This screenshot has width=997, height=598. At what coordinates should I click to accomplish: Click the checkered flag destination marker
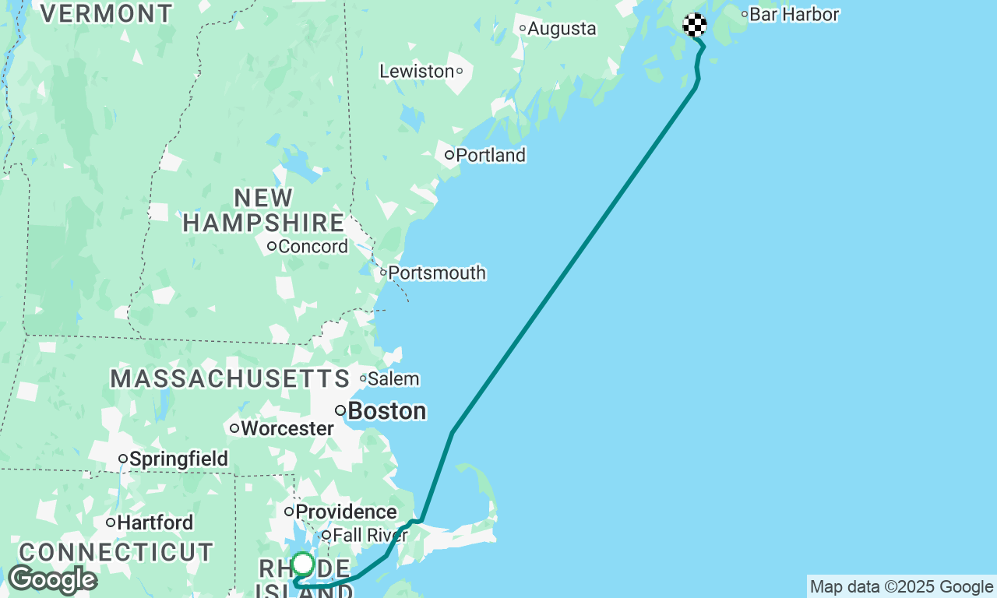click(x=695, y=25)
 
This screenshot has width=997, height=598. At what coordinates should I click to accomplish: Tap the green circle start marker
click(x=303, y=564)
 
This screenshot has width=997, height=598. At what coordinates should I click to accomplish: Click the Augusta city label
click(x=561, y=29)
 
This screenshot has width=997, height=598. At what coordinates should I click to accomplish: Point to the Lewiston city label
click(x=417, y=72)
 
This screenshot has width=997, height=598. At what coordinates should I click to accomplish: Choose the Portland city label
click(x=491, y=156)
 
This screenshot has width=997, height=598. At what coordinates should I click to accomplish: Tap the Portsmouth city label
click(x=436, y=273)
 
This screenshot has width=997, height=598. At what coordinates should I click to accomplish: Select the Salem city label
click(x=393, y=379)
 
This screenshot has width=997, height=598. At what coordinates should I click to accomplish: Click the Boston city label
click(x=386, y=411)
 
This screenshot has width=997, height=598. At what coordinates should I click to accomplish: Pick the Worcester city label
click(x=287, y=428)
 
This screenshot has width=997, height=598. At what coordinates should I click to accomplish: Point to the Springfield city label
click(x=178, y=459)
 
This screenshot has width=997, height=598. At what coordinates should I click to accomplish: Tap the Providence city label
click(x=346, y=512)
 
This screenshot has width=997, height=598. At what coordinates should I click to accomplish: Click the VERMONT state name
click(x=107, y=13)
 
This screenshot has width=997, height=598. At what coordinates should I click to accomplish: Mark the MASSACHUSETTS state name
click(x=230, y=379)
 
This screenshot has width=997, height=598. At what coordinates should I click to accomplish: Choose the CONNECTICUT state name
click(x=116, y=553)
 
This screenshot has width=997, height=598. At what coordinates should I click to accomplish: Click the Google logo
click(x=52, y=580)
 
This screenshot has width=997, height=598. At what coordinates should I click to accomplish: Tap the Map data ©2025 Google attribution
click(x=901, y=587)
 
